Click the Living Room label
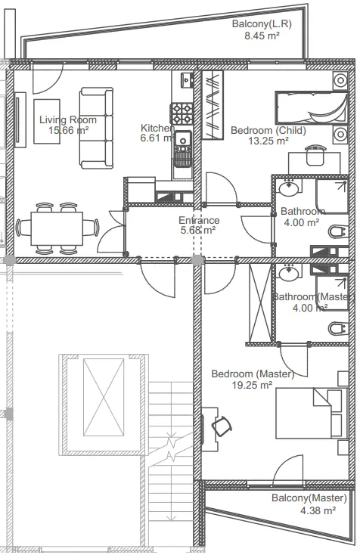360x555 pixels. click(68, 120)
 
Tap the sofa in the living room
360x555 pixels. click(96, 128)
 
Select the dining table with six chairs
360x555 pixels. click(57, 228)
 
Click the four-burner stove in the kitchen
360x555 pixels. click(182, 113)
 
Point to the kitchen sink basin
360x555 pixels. click(183, 139)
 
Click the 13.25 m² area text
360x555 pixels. click(268, 141)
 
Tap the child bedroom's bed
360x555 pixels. click(312, 107)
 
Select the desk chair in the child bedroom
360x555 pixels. click(315, 155)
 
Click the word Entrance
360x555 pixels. click(199, 220)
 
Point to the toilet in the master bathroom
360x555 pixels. click(337, 329)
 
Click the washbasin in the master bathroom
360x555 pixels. click(290, 272)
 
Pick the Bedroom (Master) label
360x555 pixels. click(253, 374)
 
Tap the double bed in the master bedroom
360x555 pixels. click(311, 414)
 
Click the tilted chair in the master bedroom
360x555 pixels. click(222, 426)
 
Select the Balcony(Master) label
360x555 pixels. click(309, 498)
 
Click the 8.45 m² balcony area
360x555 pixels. click(262, 36)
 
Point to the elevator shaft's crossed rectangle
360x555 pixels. click(104, 397)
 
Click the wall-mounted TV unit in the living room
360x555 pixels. click(20, 119)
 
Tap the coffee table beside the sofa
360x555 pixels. click(47, 122)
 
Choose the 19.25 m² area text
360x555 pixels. click(252, 385)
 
